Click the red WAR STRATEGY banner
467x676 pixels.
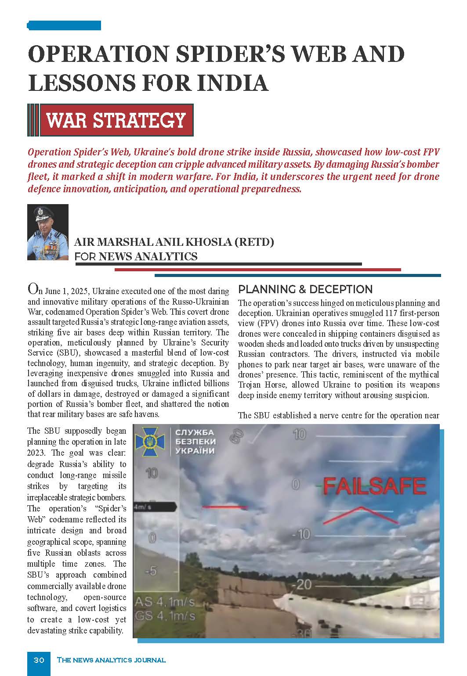point(116,120)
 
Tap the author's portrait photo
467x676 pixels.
point(48,232)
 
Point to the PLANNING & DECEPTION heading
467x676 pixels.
point(305,289)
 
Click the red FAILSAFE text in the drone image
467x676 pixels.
point(374,486)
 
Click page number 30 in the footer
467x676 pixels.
point(39,660)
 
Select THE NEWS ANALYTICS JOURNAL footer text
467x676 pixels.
point(111,660)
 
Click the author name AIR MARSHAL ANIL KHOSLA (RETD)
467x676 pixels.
point(174,242)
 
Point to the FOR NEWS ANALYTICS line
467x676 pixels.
point(136,256)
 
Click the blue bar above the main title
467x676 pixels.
point(64,25)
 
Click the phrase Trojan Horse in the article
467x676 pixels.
point(260,385)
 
